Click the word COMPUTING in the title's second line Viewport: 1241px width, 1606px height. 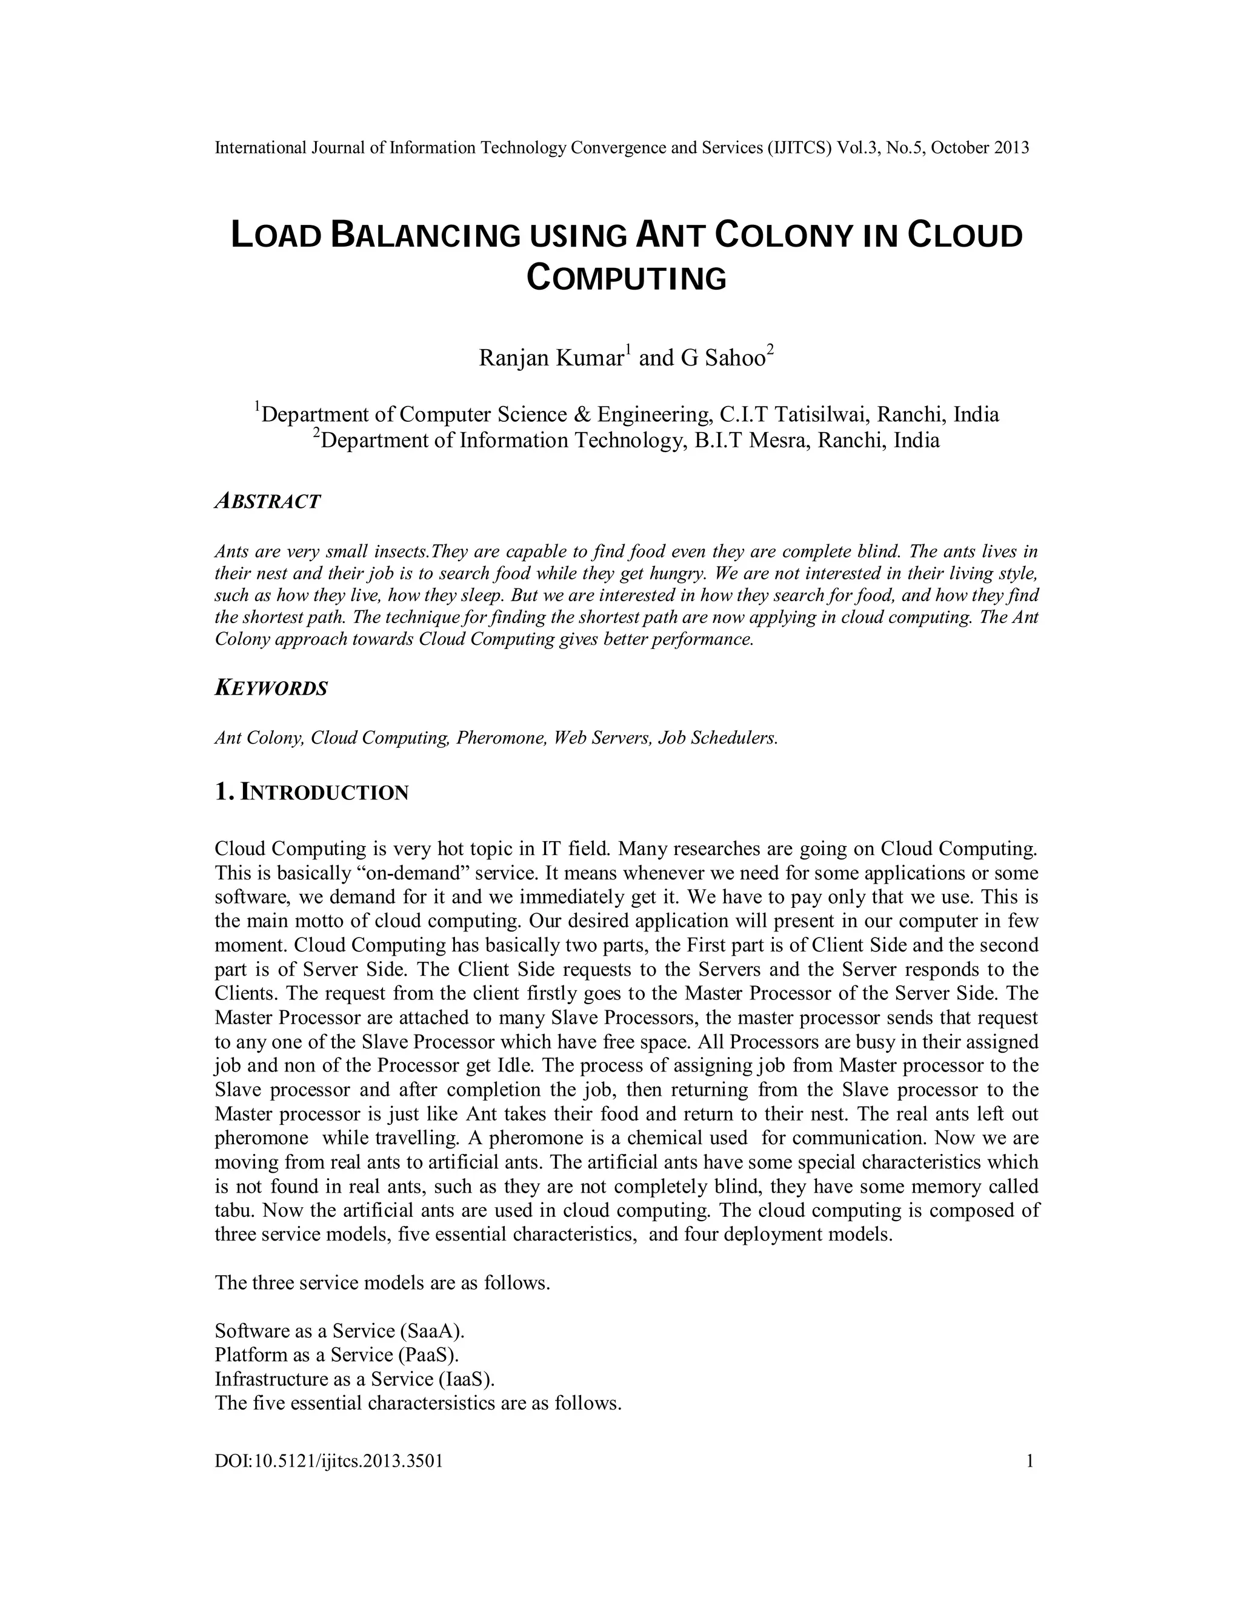[x=627, y=279]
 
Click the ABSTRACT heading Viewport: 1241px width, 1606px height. [x=268, y=502]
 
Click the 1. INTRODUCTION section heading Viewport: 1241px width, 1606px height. [x=311, y=793]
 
